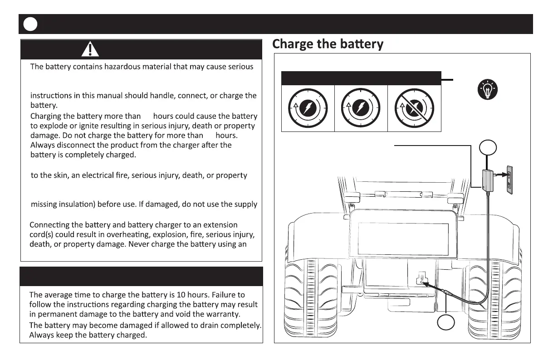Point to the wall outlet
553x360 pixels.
509,180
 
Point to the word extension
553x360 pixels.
220,225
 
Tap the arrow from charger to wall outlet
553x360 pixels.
499,175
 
